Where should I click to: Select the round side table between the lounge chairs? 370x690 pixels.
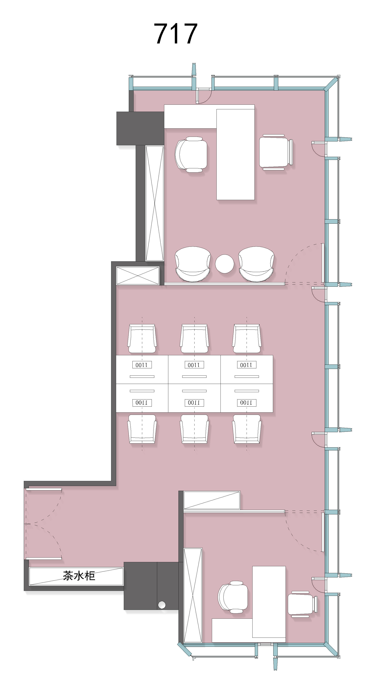coord(225,264)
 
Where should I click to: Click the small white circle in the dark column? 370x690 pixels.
coord(162,604)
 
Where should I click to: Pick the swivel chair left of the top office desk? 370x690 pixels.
coord(191,154)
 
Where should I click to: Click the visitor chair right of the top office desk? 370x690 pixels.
coord(276,152)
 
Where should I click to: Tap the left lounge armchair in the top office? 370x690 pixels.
coord(193,264)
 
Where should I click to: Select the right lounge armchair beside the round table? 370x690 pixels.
coord(256,264)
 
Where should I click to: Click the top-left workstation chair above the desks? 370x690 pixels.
coord(142,339)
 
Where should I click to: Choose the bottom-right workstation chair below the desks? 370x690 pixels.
coord(247,429)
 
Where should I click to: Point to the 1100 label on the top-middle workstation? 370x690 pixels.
coord(194,365)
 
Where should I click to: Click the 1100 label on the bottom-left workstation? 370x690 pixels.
coord(142,403)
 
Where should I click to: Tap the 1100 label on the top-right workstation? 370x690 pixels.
coord(247,365)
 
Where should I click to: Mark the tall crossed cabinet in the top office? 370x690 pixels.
coord(154,203)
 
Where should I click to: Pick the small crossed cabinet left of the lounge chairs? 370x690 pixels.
coord(138,275)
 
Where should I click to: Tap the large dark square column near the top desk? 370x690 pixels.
coord(140,128)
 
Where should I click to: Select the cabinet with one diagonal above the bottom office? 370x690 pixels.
coord(212,500)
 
